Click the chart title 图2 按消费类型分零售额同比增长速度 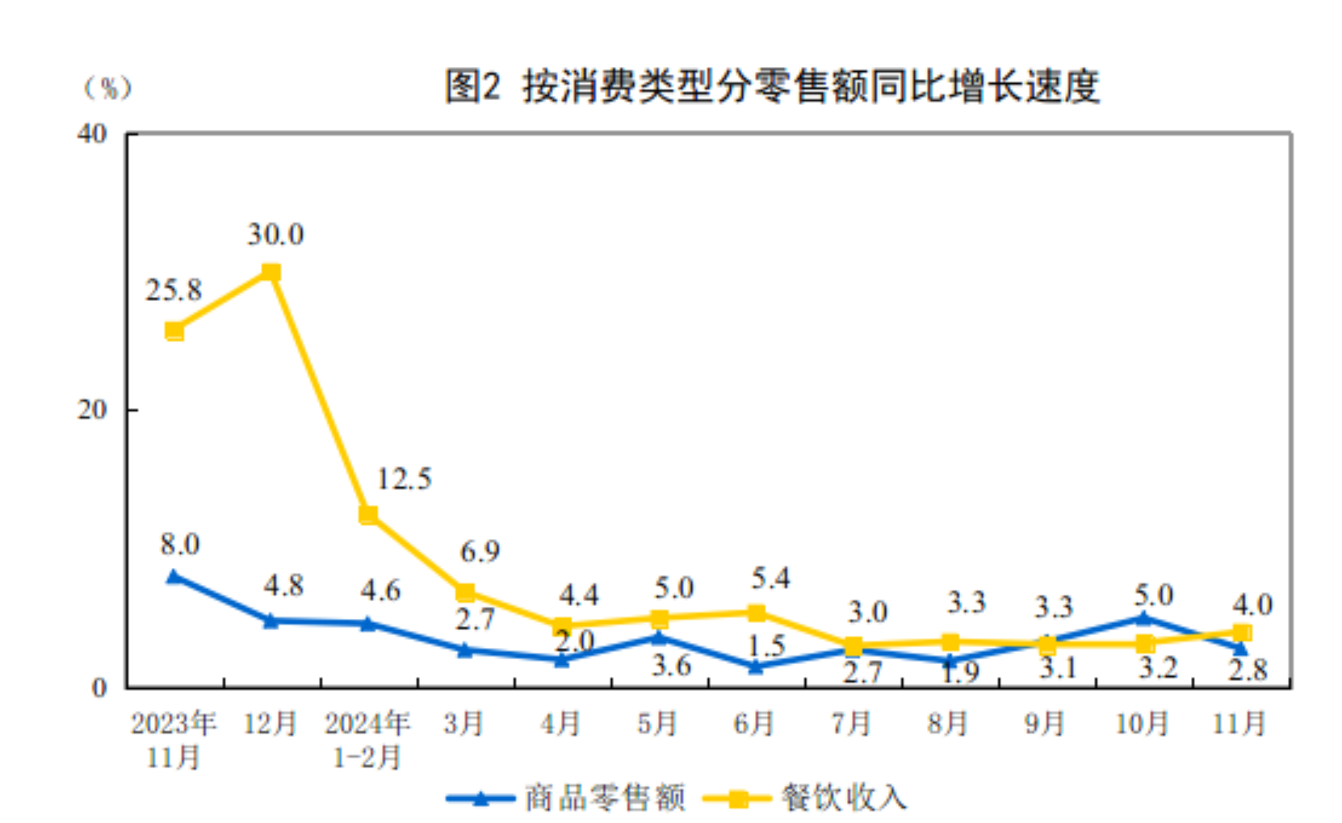pos(772,86)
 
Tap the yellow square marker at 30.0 pos(271,273)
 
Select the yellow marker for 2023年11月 pos(174,331)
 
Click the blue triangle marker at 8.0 pos(174,576)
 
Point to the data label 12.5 pos(404,478)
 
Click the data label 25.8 pos(174,290)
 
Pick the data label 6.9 pos(480,551)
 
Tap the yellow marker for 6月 pos(756,613)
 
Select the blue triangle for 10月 pos(1143,618)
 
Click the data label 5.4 pos(770,578)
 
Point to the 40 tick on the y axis pos(92,133)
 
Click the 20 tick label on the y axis pos(92,410)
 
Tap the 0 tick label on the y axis pos(99,687)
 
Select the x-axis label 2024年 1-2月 pos(367,740)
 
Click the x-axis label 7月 pos(851,723)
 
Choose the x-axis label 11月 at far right pos(1239,723)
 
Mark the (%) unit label pos(108,87)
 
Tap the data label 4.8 pos(283,585)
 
